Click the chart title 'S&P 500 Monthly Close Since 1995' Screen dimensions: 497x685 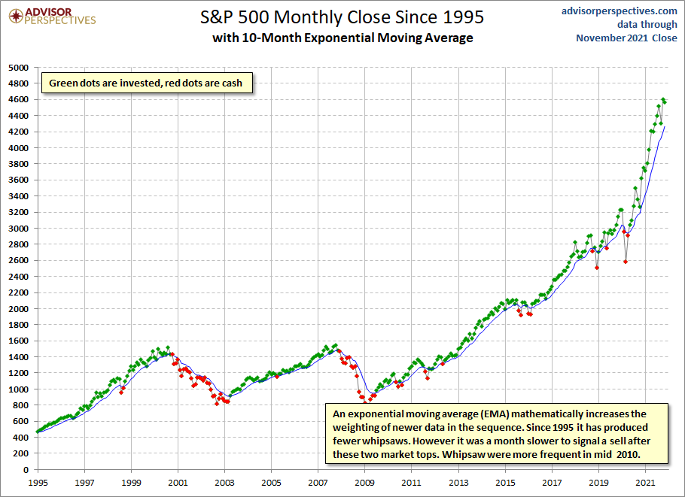click(342, 17)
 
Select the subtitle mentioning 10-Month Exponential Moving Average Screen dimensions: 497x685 click(342, 38)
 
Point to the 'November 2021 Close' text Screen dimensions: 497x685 click(626, 38)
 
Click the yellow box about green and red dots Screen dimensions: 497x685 click(146, 83)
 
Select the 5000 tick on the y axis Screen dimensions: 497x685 click(17, 67)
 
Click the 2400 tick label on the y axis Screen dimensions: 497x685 click(17, 276)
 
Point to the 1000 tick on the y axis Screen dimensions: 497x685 click(17, 389)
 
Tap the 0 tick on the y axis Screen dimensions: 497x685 click(24, 469)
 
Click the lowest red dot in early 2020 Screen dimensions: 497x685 click(626, 262)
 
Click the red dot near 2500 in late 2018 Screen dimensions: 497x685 click(597, 267)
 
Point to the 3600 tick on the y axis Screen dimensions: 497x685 click(17, 180)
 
